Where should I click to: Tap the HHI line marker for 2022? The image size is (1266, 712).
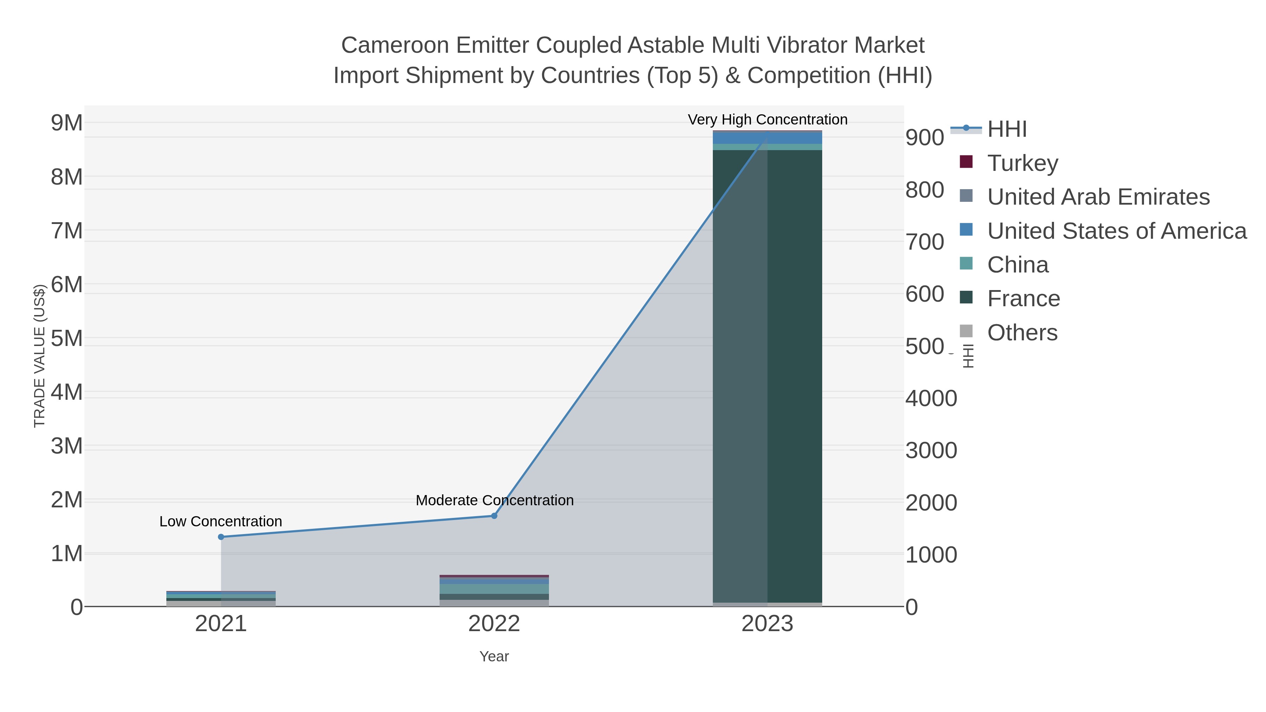coord(494,515)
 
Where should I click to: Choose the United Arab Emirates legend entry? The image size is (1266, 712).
coord(1098,197)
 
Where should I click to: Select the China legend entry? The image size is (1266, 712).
coord(1017,264)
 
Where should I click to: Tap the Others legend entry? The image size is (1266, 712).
coord(1022,332)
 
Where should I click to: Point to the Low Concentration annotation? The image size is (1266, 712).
coord(220,521)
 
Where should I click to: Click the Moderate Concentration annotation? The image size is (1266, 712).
coord(494,500)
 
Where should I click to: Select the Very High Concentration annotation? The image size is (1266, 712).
coord(767,120)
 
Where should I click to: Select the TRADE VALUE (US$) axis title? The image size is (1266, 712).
coord(39,356)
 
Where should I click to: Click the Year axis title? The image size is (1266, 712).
coord(494,656)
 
